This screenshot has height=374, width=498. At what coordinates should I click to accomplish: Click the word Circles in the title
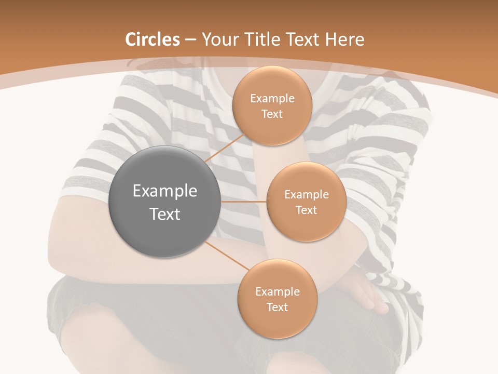coord(153,39)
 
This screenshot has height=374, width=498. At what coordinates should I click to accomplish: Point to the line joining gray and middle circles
coord(243,202)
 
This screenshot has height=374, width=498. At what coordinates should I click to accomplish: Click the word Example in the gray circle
coord(165,191)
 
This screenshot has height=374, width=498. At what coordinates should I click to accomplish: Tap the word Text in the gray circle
coord(165,214)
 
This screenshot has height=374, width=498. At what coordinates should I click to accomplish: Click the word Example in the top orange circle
coord(272,99)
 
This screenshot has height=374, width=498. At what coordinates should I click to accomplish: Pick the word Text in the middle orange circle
coord(306,210)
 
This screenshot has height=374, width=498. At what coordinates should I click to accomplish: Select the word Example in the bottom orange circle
coord(277,292)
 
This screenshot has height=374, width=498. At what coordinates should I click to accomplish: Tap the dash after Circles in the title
coord(190,40)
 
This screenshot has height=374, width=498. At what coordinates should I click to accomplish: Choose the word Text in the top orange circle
coord(272,114)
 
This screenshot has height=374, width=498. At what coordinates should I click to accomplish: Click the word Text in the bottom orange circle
coord(277,308)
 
